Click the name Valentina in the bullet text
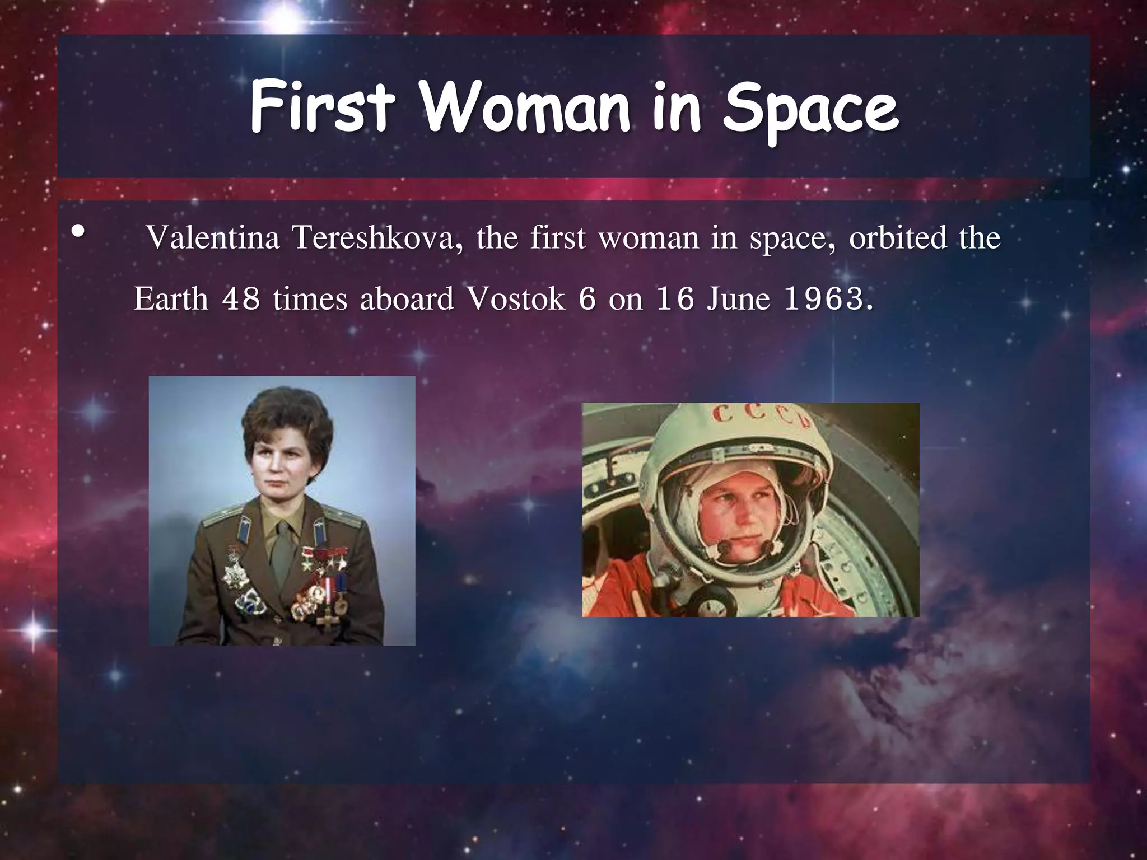(x=213, y=238)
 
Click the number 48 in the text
(x=241, y=299)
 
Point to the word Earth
(x=171, y=299)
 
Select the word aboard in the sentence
(x=406, y=299)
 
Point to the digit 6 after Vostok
(x=586, y=299)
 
